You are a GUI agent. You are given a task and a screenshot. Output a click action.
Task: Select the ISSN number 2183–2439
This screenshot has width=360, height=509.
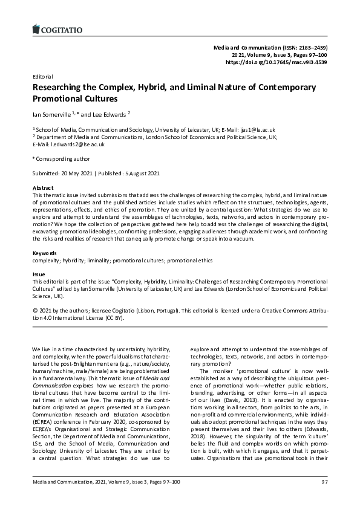tap(309, 47)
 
